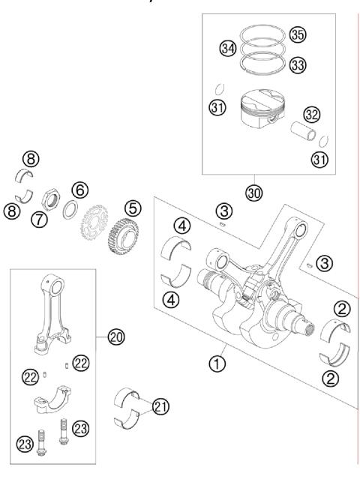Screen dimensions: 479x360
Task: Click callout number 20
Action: pyautogui.click(x=115, y=338)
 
